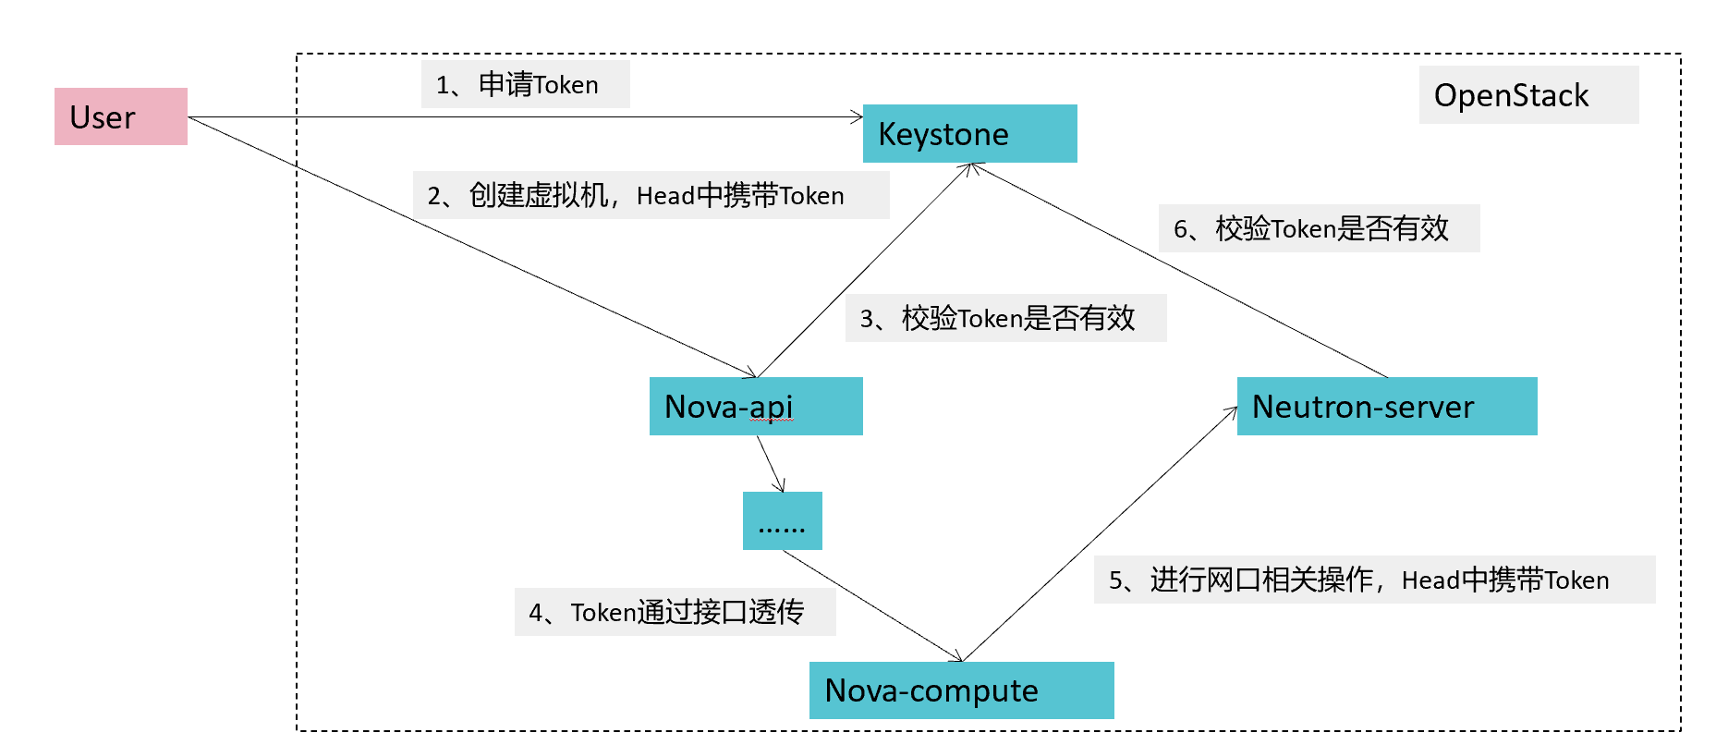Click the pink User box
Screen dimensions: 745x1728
120,116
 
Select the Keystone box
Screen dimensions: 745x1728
969,134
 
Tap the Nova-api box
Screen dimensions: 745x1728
755,407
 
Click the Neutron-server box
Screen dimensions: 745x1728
1386,407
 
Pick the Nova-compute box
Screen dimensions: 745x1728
961,690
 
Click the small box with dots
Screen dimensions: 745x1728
782,521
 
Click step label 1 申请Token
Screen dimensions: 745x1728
525,85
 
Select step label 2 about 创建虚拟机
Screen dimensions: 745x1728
651,195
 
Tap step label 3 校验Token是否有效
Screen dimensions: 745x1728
1005,318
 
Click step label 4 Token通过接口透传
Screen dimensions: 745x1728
675,612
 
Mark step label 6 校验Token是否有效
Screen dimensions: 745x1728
1319,228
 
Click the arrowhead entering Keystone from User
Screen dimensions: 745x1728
857,116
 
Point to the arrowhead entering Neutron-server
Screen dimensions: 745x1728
1232,411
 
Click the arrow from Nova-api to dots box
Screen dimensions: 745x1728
771,464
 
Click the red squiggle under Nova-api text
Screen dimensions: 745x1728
772,421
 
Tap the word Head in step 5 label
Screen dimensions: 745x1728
1430,580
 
